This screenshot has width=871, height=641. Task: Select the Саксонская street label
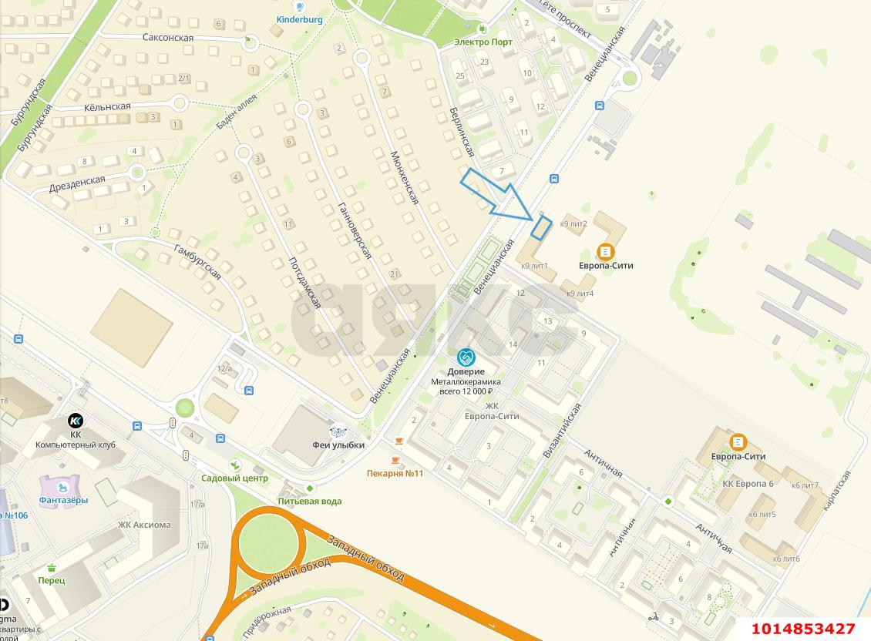(x=167, y=37)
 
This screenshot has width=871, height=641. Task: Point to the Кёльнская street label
(x=107, y=106)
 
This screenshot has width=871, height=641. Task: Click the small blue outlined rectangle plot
(x=542, y=228)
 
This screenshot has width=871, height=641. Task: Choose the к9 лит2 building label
(x=574, y=224)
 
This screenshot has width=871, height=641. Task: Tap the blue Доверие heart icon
(x=466, y=357)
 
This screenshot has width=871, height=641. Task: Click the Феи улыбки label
(x=338, y=445)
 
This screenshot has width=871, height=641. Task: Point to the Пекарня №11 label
(x=395, y=473)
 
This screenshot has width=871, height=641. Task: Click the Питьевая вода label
(x=309, y=501)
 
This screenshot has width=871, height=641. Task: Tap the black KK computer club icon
(x=76, y=421)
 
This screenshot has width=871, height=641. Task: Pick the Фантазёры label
(x=64, y=500)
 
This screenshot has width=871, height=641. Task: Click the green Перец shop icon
(x=51, y=567)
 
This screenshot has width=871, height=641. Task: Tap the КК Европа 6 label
(x=748, y=483)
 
